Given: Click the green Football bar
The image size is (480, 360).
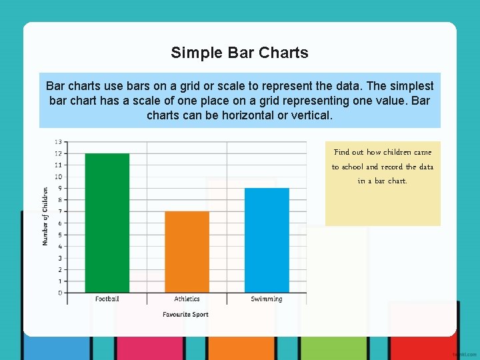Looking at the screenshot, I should [x=107, y=223].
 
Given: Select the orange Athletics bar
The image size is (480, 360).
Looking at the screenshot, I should [x=187, y=252].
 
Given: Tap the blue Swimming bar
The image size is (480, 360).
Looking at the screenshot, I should [x=267, y=240].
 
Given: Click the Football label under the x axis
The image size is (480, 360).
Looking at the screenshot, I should [x=107, y=299].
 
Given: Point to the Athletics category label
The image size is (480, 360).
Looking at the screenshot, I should [x=187, y=299].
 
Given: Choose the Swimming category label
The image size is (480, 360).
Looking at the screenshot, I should [x=267, y=299].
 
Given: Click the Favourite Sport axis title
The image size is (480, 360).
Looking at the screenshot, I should [x=185, y=315].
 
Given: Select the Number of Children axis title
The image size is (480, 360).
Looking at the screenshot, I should [x=45, y=216].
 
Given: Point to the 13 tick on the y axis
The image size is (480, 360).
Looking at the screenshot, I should [x=59, y=142].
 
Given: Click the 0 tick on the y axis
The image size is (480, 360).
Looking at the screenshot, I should [x=60, y=293].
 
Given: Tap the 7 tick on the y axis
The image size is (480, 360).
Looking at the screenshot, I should [x=60, y=211].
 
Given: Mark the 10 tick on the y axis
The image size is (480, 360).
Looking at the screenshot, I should [x=59, y=177].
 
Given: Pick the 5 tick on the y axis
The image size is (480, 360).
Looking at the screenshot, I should [x=60, y=235].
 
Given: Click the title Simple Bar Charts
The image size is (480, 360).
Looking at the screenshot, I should [x=239, y=53].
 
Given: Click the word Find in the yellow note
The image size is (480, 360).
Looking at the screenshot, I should [x=341, y=152].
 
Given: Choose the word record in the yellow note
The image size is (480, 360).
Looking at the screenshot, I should [x=391, y=167].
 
